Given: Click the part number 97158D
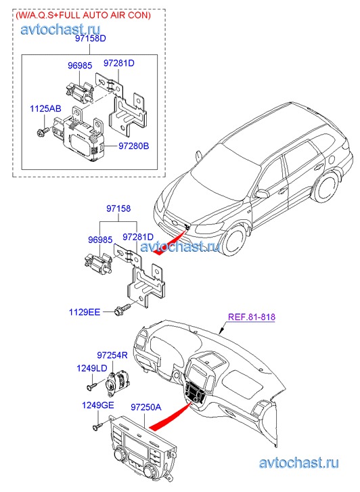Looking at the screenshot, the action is point(90,39).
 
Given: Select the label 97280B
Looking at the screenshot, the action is point(134,146).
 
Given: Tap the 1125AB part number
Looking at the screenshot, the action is point(45,108).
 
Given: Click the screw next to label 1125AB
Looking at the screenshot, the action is point(43,132).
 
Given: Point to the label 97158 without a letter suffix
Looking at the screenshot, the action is point(118,208).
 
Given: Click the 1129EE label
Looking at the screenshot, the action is point(85,312).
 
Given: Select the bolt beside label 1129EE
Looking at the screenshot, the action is point(123,309).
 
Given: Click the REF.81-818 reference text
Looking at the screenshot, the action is point(252,317).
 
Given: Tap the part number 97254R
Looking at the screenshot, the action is point(112,355).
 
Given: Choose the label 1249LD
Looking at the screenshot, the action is point(92,367).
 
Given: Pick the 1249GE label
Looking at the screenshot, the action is point(97,405).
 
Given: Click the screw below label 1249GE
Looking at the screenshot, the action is point(97,426).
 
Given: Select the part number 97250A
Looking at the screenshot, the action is point(145,407).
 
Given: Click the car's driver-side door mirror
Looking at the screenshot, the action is point(262,194).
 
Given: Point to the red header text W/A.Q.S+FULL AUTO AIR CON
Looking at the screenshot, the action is point(83,15).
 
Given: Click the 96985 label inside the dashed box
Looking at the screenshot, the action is point(80,65).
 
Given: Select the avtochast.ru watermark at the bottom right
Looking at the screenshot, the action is point(298,463).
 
